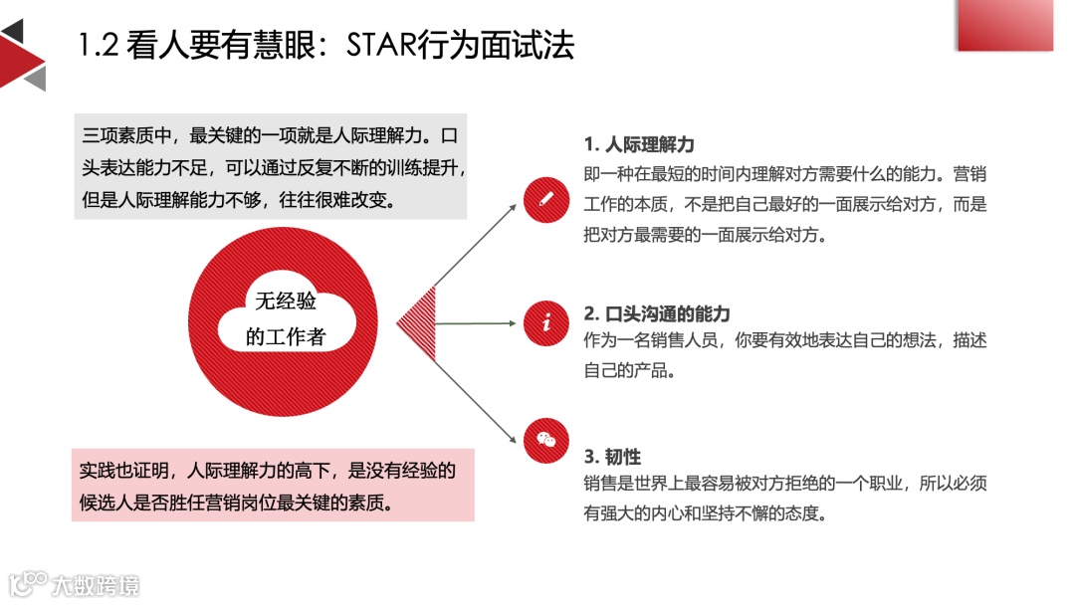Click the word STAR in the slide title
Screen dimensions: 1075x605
click(389, 45)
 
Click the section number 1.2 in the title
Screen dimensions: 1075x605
click(99, 46)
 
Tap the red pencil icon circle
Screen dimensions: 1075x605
click(545, 196)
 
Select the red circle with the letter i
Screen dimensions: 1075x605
click(545, 323)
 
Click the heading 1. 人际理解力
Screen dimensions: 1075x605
click(639, 145)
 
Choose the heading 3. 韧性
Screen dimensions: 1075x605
click(612, 457)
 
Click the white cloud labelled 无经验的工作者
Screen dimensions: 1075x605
click(286, 317)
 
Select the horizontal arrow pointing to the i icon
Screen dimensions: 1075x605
click(478, 323)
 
